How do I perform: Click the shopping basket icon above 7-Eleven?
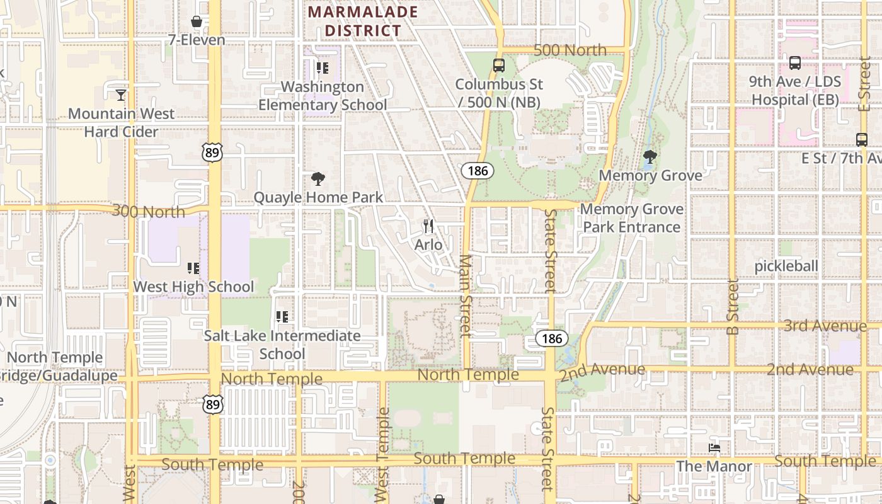(197, 22)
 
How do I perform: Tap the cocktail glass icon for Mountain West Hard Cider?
(121, 95)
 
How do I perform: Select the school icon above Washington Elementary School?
(323, 68)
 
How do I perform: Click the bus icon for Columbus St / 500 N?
(499, 65)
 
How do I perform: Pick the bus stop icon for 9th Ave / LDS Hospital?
(795, 63)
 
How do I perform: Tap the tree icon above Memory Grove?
(650, 157)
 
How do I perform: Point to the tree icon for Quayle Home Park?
(318, 179)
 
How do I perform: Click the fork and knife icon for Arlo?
(428, 226)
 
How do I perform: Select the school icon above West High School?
(193, 268)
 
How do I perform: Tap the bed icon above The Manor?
(714, 448)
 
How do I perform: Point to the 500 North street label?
(570, 50)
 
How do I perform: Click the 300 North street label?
(149, 211)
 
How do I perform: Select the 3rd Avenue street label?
(825, 326)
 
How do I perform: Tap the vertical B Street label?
(732, 307)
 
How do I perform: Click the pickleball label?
(786, 266)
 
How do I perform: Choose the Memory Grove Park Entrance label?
(631, 218)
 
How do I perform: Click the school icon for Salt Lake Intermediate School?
(282, 316)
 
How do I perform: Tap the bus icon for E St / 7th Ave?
(862, 140)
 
